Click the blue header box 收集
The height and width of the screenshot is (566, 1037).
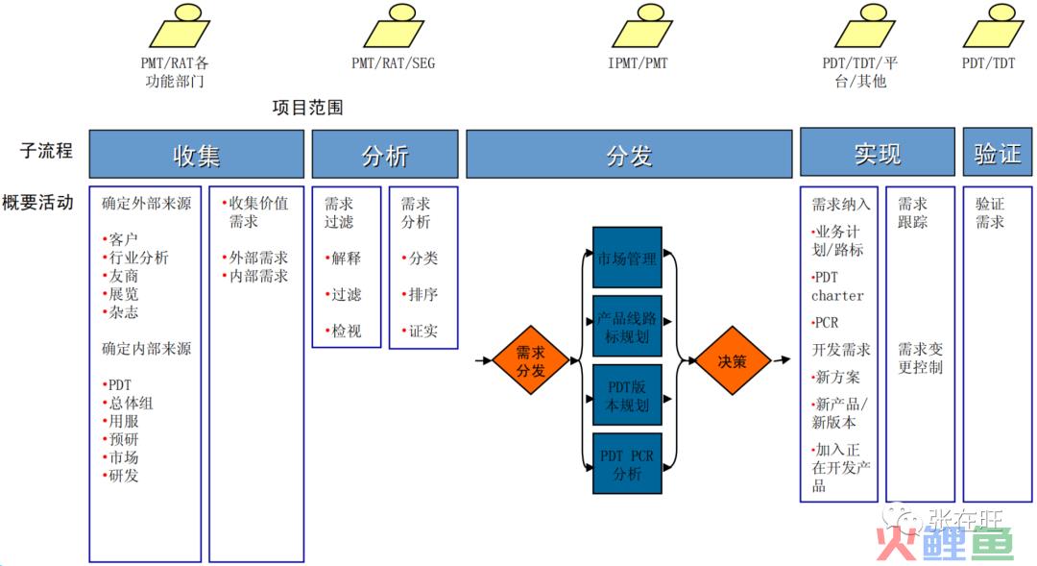(x=197, y=155)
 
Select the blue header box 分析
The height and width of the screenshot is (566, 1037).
(x=385, y=155)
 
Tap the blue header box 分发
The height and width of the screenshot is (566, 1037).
(x=629, y=155)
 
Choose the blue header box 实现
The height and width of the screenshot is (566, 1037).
(x=877, y=152)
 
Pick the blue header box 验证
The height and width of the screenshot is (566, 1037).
(x=998, y=152)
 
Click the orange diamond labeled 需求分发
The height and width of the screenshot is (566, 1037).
(x=530, y=360)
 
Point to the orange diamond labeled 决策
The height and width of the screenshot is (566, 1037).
(x=733, y=360)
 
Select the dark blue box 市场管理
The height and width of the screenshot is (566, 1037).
(x=627, y=258)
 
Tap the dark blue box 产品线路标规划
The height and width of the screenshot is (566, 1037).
(x=627, y=327)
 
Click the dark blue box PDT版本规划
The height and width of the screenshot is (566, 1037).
(x=627, y=395)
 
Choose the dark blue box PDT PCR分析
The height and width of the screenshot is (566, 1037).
(x=627, y=463)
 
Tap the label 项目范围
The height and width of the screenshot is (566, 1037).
(x=307, y=108)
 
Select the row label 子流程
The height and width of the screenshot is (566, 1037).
(x=46, y=150)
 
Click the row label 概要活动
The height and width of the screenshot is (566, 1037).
(x=37, y=202)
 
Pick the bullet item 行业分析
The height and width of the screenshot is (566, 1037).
(x=135, y=258)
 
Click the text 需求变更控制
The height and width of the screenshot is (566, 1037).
(x=920, y=358)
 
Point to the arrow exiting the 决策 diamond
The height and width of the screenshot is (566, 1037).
(x=782, y=360)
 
